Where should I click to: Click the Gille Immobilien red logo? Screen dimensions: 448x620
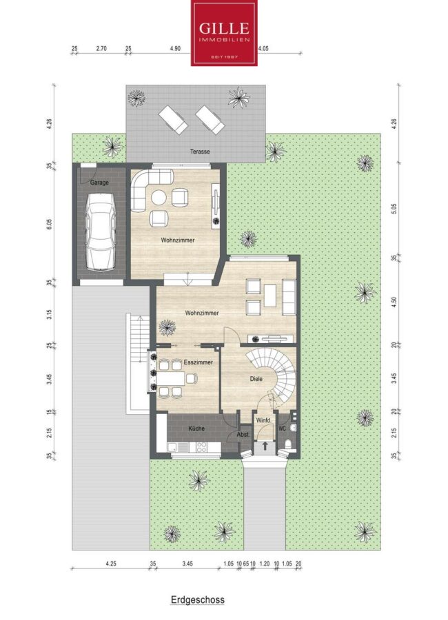pyautogui.click(x=224, y=33)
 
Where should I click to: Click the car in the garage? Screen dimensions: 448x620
pyautogui.click(x=100, y=232)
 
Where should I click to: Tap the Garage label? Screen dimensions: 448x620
pyautogui.click(x=99, y=183)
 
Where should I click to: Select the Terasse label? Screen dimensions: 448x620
pyautogui.click(x=200, y=152)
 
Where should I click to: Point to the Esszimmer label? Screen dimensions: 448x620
pyautogui.click(x=198, y=362)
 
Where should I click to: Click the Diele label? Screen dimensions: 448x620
pyautogui.click(x=256, y=379)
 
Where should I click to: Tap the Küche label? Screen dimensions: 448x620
pyautogui.click(x=196, y=428)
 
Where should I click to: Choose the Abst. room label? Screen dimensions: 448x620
pyautogui.click(x=243, y=435)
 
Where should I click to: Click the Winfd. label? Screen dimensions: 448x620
pyautogui.click(x=263, y=421)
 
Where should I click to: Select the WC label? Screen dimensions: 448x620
pyautogui.click(x=282, y=428)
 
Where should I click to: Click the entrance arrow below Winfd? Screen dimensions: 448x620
pyautogui.click(x=265, y=446)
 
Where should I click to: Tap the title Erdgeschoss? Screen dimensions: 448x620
pyautogui.click(x=198, y=599)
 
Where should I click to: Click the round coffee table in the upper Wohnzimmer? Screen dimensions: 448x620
pyautogui.click(x=159, y=198)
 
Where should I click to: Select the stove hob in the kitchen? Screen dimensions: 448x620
pyautogui.click(x=201, y=447)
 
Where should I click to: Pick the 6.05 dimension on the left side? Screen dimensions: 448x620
pyautogui.click(x=49, y=224)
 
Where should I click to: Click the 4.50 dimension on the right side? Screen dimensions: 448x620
pyautogui.click(x=394, y=302)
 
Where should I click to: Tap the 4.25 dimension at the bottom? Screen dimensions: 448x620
pyautogui.click(x=111, y=564)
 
